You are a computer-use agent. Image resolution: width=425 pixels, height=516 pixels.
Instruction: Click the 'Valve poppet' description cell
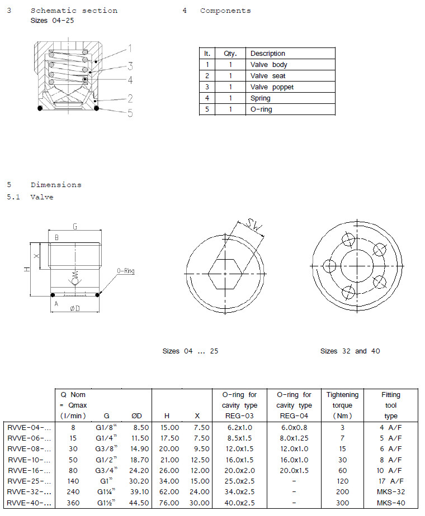tap(272, 87)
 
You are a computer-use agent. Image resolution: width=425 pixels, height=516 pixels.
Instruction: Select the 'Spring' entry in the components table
tap(260, 98)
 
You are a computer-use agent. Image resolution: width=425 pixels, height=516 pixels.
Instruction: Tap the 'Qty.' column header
tap(230, 54)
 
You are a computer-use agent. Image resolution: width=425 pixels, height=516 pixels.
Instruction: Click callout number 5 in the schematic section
tap(130, 113)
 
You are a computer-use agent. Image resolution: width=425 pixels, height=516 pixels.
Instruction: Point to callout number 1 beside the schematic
tap(129, 48)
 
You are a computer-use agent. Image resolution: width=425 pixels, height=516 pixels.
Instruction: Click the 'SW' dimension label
tap(255, 226)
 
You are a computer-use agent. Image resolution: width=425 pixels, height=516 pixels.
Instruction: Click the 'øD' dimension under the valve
tap(74, 308)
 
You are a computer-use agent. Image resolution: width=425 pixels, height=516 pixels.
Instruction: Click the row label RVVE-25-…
tap(30, 480)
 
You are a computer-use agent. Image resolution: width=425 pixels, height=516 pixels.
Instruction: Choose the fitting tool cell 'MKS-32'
tap(391, 491)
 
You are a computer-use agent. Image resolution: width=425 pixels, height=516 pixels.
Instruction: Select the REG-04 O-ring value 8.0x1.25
tap(291, 437)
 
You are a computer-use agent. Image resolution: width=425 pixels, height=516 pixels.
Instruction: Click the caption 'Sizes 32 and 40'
tap(350, 351)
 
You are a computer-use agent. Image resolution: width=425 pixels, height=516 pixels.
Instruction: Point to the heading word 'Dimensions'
tap(56, 185)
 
